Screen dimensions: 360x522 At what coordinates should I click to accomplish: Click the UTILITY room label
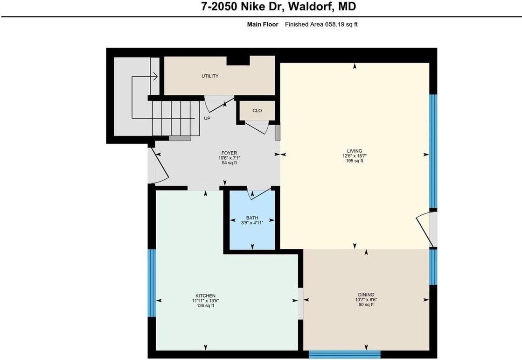tap(210, 76)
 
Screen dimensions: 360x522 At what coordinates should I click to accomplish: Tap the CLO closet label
tap(257, 111)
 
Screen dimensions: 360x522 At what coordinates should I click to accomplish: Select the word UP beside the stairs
tap(207, 119)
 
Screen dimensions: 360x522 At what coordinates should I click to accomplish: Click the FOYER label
tap(229, 153)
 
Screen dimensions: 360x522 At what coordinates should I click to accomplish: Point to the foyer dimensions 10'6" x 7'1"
tap(229, 158)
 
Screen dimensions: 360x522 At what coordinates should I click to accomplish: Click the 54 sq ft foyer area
tap(229, 163)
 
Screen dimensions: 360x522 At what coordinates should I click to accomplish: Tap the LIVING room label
tap(355, 151)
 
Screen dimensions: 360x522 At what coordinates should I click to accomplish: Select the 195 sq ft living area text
tap(355, 161)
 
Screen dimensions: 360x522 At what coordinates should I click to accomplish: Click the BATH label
tap(252, 218)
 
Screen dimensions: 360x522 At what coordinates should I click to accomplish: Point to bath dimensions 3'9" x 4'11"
tap(252, 223)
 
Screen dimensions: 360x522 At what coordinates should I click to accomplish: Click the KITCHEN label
tap(205, 296)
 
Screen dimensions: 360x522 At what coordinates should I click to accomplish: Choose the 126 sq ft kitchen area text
tap(205, 306)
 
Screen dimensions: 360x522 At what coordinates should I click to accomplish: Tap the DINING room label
tap(366, 295)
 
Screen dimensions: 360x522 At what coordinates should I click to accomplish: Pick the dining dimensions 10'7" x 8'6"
tap(366, 300)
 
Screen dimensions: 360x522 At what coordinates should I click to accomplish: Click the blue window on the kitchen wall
tap(151, 283)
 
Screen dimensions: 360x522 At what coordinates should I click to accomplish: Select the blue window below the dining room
tap(344, 354)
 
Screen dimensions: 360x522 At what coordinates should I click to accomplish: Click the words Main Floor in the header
tap(263, 24)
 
